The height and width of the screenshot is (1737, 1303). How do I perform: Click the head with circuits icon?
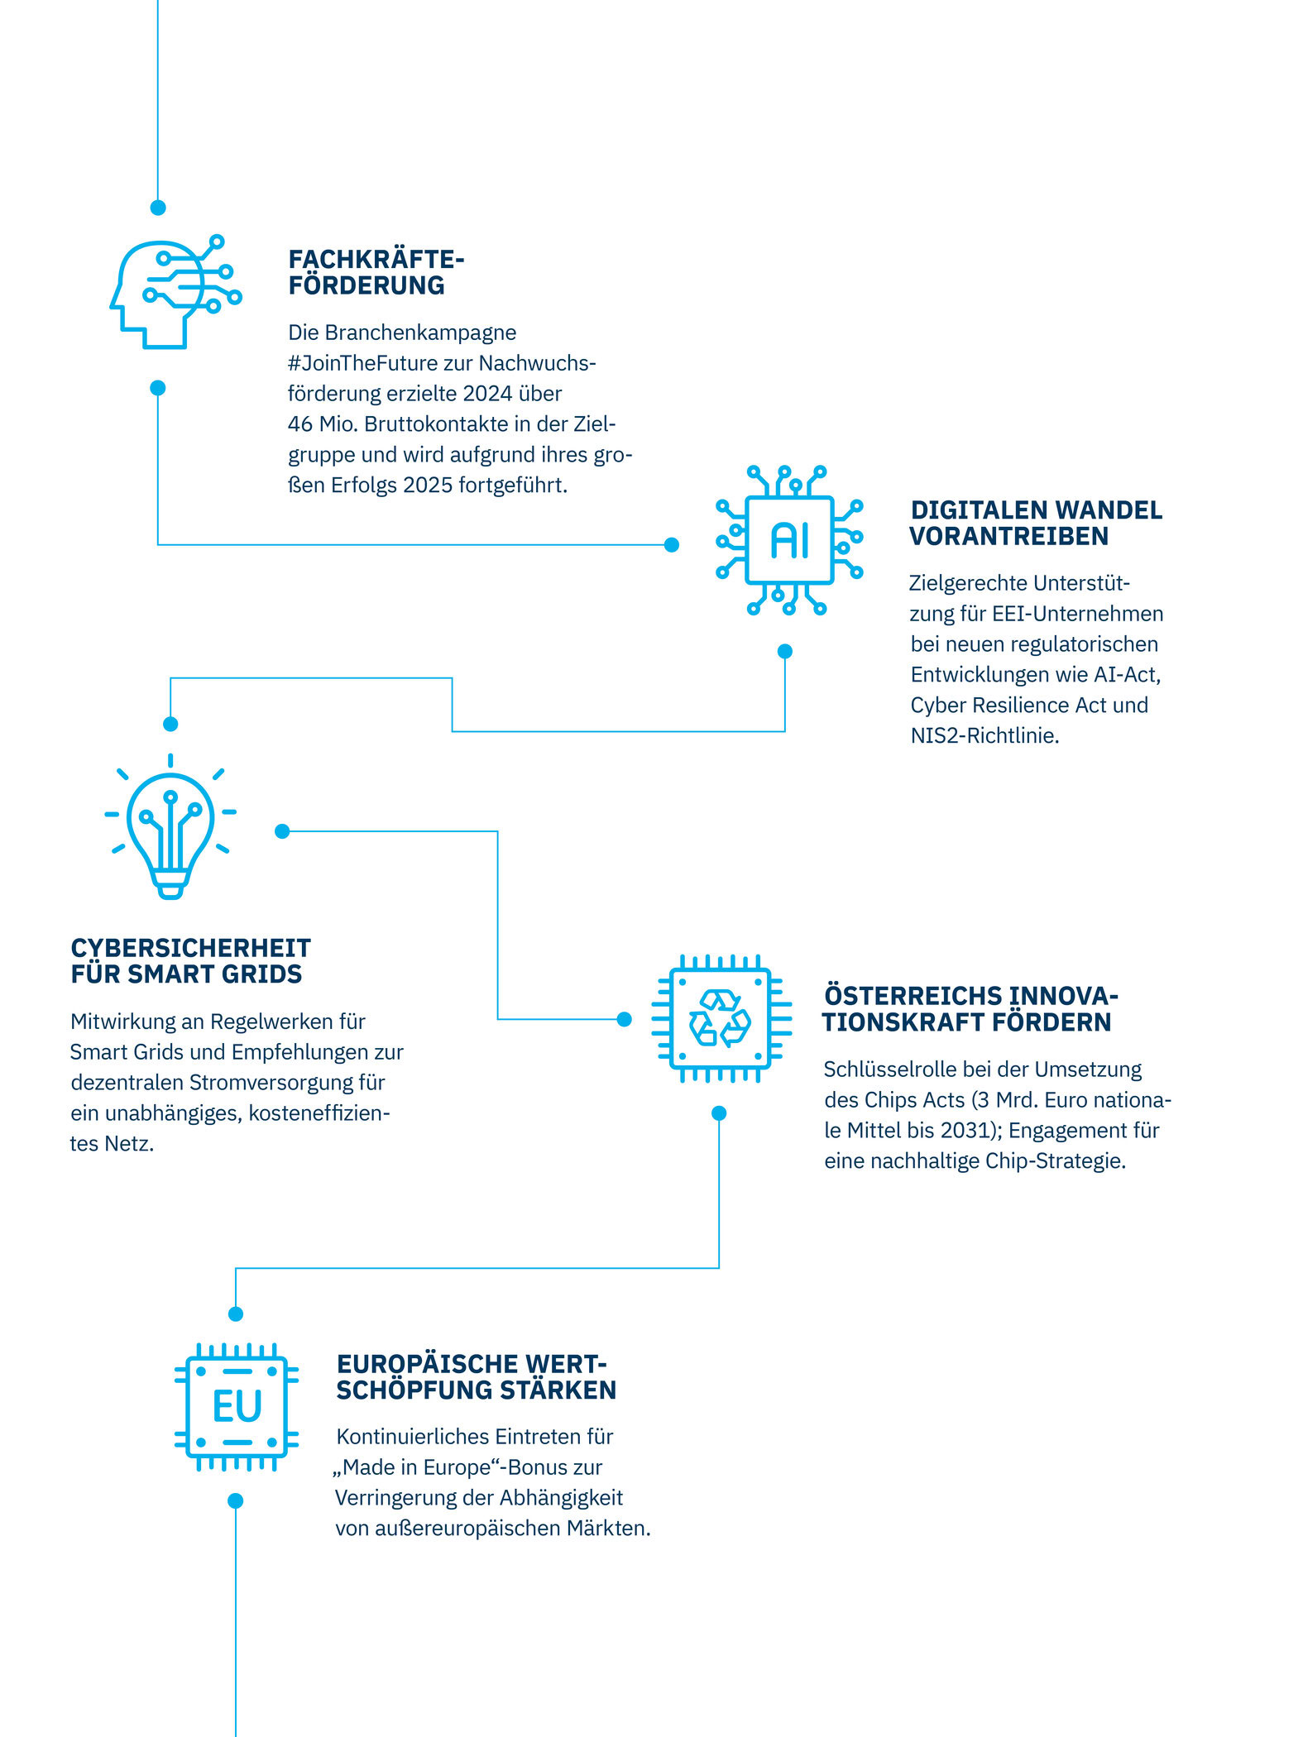pos(175,291)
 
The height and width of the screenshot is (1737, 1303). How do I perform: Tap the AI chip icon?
pos(789,540)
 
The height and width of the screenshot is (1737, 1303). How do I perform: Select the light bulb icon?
pos(170,826)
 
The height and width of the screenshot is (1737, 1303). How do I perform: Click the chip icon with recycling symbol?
pos(721,1018)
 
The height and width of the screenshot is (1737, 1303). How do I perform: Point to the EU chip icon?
pos(237,1407)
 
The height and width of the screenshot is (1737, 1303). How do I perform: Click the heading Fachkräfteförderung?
pos(376,272)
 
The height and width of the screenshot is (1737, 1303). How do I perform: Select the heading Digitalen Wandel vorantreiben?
pos(1036,523)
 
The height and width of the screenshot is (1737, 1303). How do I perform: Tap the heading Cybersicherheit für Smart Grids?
pos(190,960)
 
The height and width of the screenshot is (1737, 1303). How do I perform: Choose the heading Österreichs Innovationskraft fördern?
pos(970,1008)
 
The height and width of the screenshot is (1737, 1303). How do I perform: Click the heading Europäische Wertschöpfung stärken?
pos(476,1377)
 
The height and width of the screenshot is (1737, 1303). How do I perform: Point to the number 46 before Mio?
pos(299,424)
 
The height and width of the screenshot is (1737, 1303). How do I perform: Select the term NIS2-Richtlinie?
pos(984,735)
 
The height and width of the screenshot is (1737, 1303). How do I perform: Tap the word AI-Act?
pos(1127,675)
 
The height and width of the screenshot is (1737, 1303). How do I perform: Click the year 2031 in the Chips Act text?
pos(968,1131)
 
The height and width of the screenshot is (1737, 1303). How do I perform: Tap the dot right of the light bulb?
pos(282,831)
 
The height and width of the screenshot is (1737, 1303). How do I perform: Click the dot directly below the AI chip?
pos(785,652)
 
